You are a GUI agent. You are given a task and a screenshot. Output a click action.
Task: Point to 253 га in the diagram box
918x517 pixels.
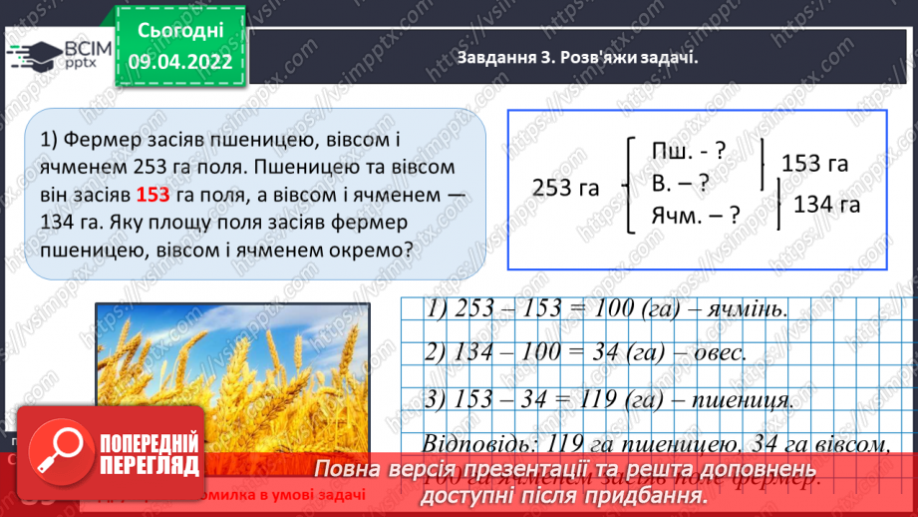566,189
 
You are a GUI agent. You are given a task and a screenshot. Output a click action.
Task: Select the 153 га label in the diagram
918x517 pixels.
815,163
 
